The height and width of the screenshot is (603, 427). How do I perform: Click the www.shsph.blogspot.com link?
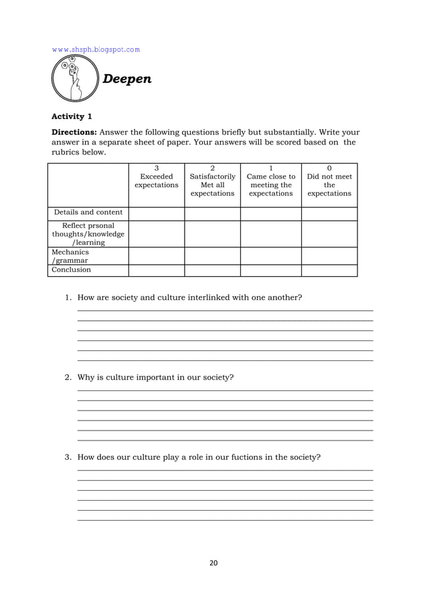click(x=96, y=49)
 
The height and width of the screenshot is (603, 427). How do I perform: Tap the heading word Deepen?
click(x=127, y=79)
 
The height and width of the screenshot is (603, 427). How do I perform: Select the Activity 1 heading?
click(x=72, y=116)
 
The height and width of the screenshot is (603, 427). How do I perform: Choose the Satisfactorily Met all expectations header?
click(x=212, y=181)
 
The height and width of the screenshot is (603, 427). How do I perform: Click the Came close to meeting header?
click(x=270, y=181)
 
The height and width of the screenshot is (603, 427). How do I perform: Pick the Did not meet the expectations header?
click(x=329, y=181)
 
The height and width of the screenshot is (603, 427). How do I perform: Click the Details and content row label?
click(x=88, y=213)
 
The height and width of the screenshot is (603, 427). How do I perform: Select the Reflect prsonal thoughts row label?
click(x=88, y=234)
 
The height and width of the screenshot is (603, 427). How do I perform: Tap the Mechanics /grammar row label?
click(x=70, y=256)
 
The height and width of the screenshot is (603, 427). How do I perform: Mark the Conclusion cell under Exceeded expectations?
click(x=157, y=270)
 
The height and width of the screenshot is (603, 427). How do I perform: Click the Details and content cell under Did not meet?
click(x=329, y=213)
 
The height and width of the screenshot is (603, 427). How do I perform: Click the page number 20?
click(x=213, y=563)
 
